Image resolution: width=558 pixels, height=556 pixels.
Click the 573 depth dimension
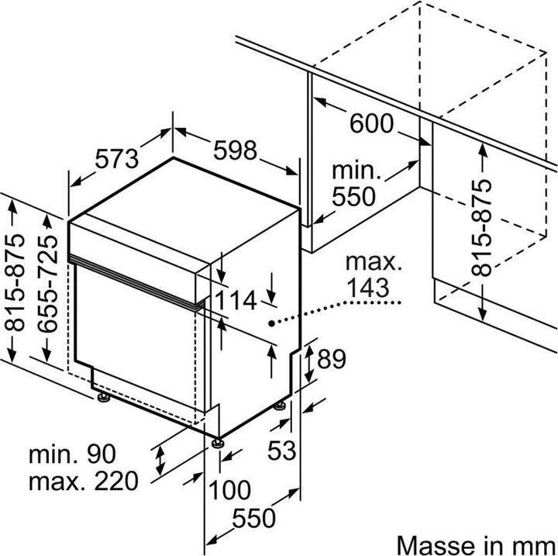tap(116, 158)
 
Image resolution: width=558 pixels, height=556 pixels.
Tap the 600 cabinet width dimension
tap(371, 123)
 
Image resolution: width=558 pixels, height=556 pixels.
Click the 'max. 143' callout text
tap(374, 275)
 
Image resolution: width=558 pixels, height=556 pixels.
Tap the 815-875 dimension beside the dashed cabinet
tap(482, 229)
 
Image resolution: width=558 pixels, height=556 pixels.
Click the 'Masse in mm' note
tap(475, 542)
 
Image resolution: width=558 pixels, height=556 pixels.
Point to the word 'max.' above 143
tap(374, 263)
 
